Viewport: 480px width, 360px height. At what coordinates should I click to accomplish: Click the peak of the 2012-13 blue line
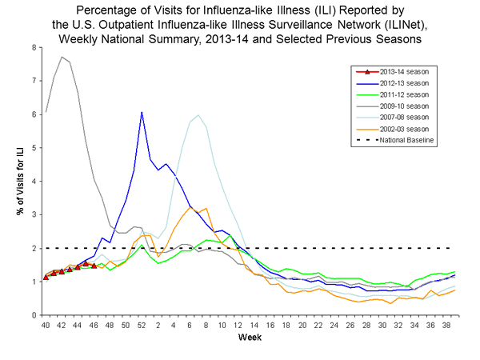(142, 112)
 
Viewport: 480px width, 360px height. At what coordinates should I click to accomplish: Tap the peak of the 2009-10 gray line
(62, 57)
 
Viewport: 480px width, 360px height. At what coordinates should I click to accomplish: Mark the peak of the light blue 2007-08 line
(198, 114)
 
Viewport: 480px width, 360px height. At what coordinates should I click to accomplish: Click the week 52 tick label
(142, 326)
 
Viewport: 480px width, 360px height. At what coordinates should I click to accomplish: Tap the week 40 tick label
(46, 326)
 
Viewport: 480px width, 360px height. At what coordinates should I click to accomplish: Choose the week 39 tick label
(454, 326)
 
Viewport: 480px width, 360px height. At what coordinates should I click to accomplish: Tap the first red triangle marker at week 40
(46, 277)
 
